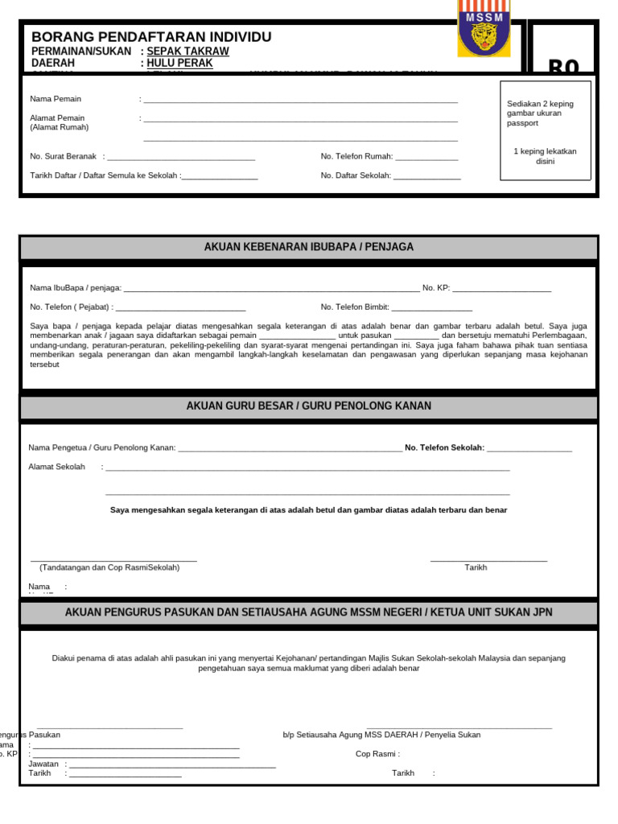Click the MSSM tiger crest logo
pyautogui.click(x=484, y=30)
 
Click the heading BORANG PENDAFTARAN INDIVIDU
pyautogui.click(x=151, y=37)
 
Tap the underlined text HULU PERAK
pyautogui.click(x=179, y=63)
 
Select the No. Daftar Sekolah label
pyautogui.click(x=356, y=175)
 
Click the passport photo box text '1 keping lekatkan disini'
pyautogui.click(x=545, y=156)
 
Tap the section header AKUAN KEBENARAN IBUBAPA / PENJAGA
pyautogui.click(x=309, y=247)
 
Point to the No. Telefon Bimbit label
pyautogui.click(x=355, y=307)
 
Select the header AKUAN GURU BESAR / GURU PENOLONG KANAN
pyautogui.click(x=309, y=406)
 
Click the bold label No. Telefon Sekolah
pyautogui.click(x=444, y=447)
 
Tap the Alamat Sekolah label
pyautogui.click(x=56, y=467)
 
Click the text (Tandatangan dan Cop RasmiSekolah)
pyautogui.click(x=109, y=567)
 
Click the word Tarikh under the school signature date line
pyautogui.click(x=476, y=567)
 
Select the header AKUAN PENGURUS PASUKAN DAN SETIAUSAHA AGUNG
pyautogui.click(x=309, y=612)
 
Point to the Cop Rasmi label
pyautogui.click(x=377, y=754)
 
